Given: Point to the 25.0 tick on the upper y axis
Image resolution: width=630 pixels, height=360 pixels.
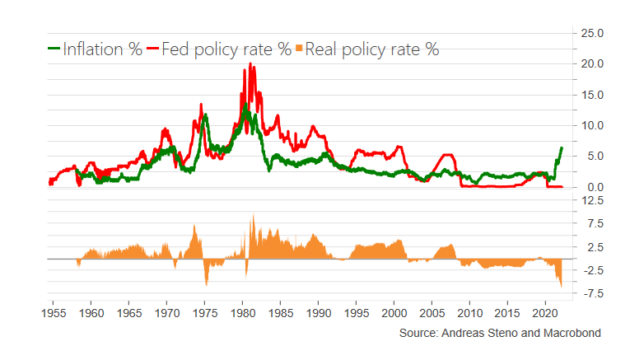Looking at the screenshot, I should point(594,33).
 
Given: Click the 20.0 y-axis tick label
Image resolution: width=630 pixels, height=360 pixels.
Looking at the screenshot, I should point(594,63).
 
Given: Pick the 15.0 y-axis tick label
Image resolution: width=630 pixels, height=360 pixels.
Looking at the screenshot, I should point(594,95).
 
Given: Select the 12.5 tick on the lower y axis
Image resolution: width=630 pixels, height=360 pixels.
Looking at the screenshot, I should point(594,200).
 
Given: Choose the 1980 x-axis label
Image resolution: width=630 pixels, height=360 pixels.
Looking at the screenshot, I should point(243,313).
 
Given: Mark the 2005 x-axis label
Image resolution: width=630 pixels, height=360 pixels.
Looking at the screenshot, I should point(432,313).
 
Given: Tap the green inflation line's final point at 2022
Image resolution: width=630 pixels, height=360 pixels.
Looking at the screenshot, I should point(561,148).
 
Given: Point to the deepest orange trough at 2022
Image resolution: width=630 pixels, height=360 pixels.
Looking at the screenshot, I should point(561,287).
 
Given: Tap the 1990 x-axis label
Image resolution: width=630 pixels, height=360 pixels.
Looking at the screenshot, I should point(319,313).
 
